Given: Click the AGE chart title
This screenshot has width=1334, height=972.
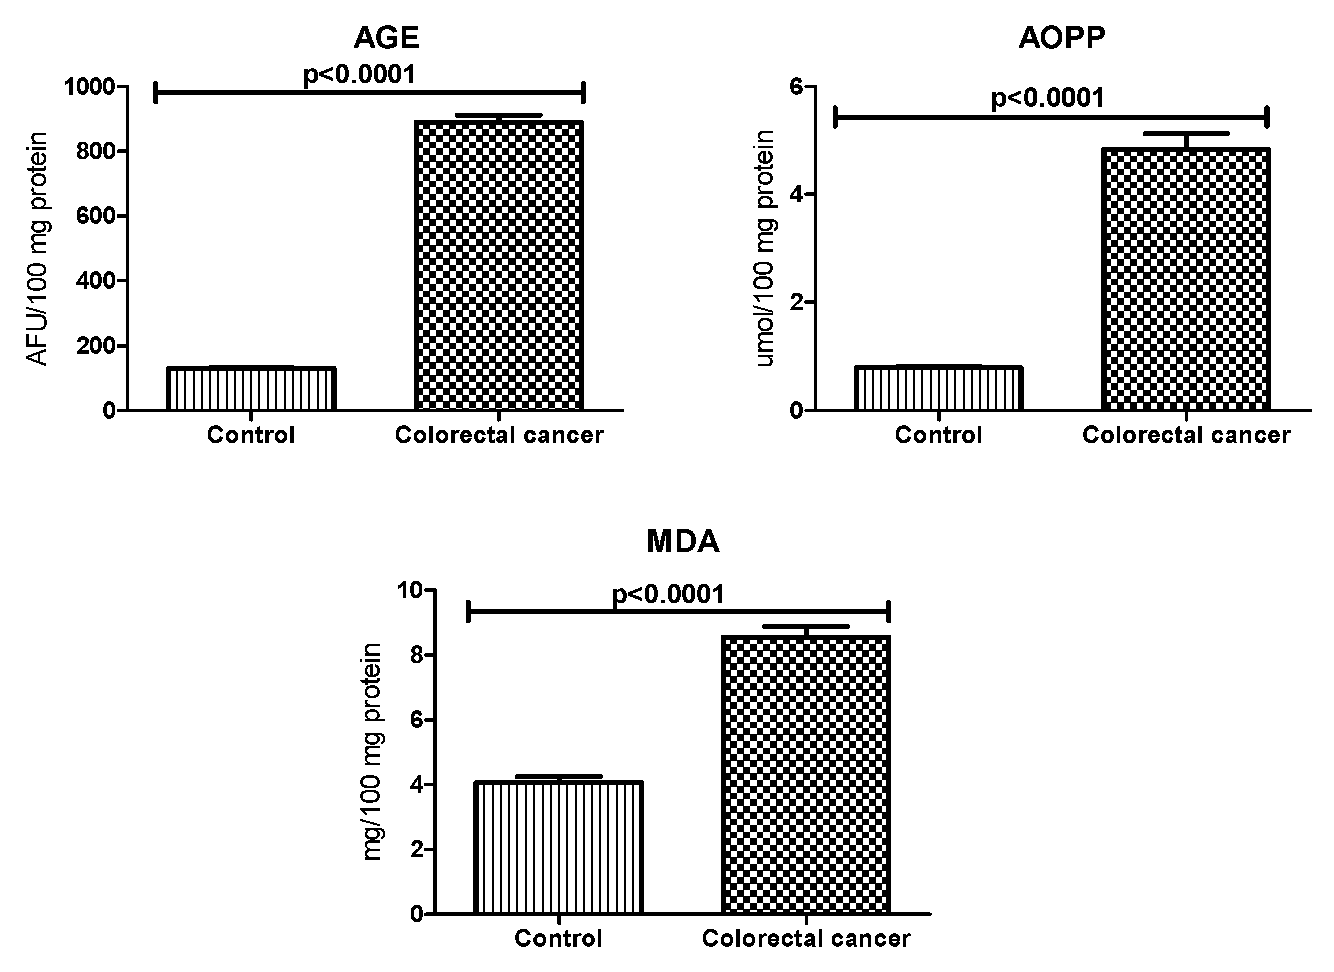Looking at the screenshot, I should point(386,38).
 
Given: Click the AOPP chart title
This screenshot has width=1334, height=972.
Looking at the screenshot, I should point(1061,38).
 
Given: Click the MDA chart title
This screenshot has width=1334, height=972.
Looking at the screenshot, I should point(683,542).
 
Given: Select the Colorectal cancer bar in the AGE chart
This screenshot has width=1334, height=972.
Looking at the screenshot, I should point(498,265).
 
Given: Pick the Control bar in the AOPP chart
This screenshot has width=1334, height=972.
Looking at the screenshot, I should point(939,388).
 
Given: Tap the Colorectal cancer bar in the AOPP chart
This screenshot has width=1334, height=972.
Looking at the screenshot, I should point(1186,279).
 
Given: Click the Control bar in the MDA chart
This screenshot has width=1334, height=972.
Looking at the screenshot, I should point(558,848).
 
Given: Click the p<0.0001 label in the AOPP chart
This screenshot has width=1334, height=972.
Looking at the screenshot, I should point(1047,98).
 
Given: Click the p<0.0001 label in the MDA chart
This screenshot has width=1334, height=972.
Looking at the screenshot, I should point(668,595).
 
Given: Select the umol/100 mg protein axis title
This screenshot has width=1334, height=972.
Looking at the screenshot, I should point(765,248).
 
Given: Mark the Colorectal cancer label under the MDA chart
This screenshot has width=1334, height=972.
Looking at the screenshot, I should point(806,938).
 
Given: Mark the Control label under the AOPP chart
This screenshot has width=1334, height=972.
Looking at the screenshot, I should point(939,435).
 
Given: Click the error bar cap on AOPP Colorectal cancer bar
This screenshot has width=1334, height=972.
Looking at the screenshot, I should point(1186,134).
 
